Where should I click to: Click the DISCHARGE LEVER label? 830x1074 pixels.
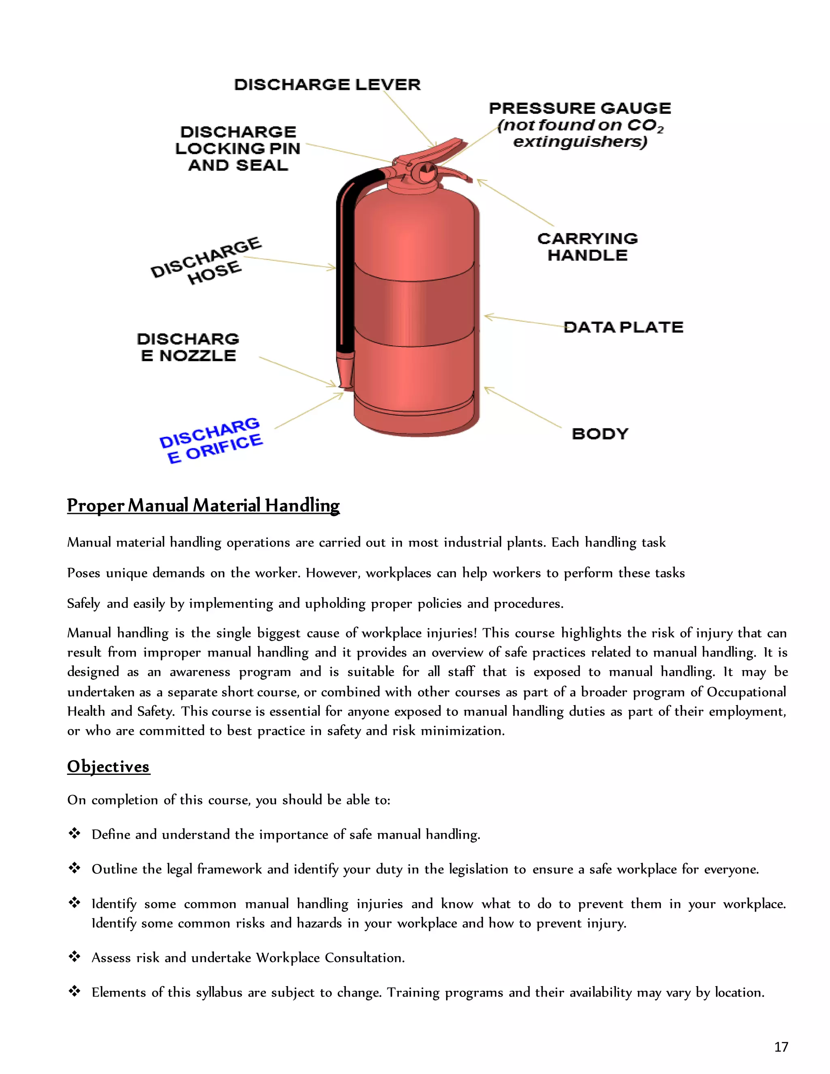327,85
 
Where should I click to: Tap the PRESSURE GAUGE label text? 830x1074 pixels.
580,108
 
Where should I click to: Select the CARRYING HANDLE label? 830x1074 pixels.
588,247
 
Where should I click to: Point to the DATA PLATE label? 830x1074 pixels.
623,327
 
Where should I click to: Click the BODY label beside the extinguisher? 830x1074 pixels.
600,434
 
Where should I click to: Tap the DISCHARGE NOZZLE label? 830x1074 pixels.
188,347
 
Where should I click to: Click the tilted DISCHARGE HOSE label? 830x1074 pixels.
207,261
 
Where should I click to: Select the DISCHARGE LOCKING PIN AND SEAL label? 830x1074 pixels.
238,148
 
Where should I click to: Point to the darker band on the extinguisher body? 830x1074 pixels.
415,305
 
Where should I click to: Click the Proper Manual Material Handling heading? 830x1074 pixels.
203,505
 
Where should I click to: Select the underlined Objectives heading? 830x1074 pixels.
108,767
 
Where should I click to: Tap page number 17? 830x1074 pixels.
781,1047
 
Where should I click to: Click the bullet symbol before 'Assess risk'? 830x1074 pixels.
74,956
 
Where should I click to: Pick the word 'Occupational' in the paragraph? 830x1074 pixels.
747,692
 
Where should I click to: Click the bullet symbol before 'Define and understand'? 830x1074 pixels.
74,833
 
